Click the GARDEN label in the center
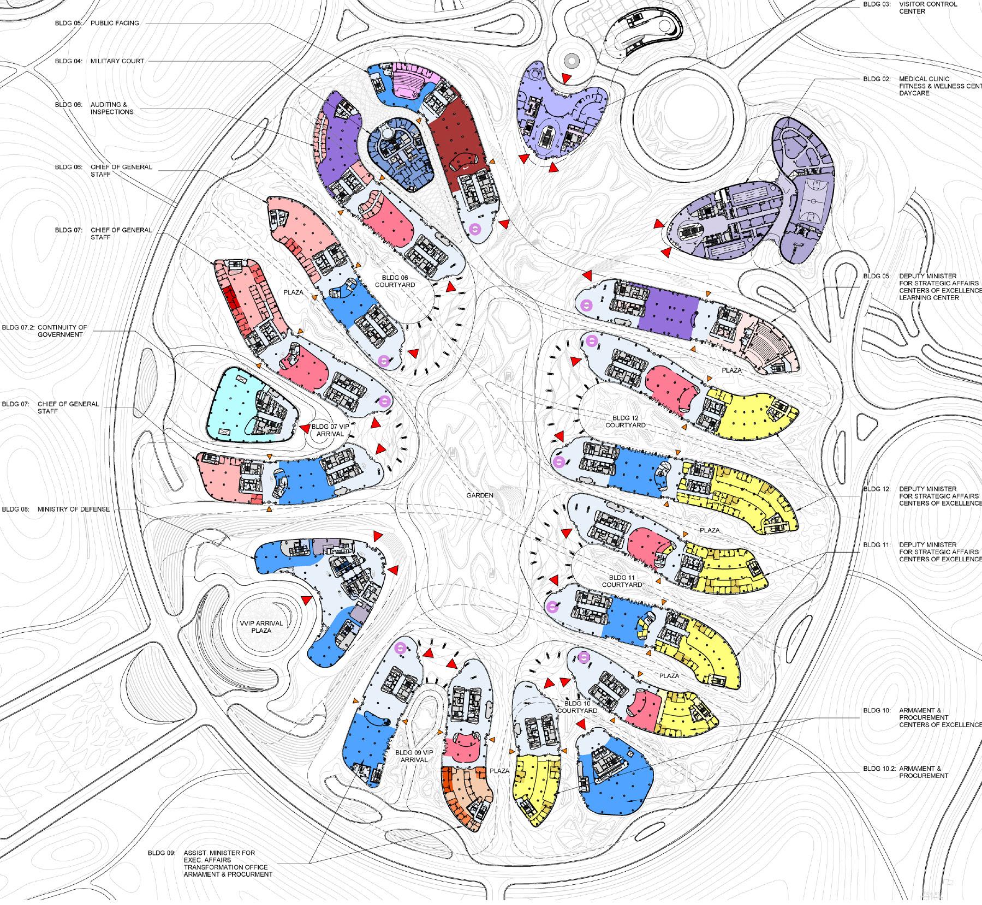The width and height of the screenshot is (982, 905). click(x=480, y=495)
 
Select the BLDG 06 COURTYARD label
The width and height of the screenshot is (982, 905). click(x=395, y=281)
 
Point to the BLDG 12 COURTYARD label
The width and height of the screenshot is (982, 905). click(x=626, y=421)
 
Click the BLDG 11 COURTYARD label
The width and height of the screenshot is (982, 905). click(x=622, y=581)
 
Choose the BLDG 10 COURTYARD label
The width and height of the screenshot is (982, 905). click(x=578, y=707)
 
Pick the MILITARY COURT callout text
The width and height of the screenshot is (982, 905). click(x=117, y=61)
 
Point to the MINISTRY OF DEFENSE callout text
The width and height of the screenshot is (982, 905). click(x=74, y=509)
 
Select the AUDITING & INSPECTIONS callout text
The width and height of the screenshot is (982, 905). click(x=112, y=108)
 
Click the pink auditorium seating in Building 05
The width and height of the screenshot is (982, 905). click(x=407, y=82)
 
